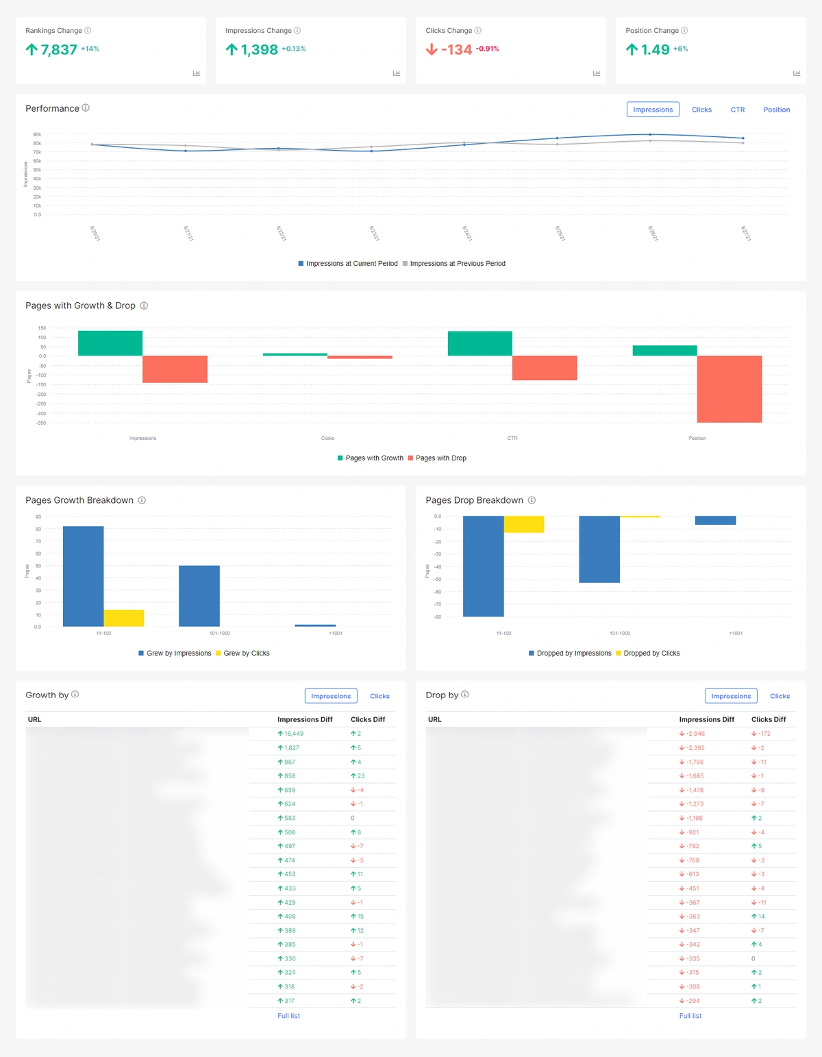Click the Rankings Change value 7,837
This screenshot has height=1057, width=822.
coord(58,49)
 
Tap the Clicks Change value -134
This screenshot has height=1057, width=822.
coord(456,49)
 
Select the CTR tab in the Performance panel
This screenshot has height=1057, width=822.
coord(737,110)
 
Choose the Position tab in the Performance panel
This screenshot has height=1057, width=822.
coord(776,110)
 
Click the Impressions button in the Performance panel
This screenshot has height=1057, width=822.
coord(652,110)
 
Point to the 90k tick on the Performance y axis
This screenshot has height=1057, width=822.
coord(37,135)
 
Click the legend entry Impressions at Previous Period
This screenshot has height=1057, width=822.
coord(457,264)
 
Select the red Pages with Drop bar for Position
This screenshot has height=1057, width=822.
coord(729,388)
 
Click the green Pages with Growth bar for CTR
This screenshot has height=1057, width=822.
coord(480,343)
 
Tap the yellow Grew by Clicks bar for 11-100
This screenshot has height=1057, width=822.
coord(124,618)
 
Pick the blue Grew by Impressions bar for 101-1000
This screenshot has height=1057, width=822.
coord(199,595)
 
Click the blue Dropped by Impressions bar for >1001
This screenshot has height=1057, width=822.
coord(715,521)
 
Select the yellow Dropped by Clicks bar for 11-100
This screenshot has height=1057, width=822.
coord(524,524)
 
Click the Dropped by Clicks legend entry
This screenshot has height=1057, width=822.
coord(651,654)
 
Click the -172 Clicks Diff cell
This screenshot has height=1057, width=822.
coord(764,734)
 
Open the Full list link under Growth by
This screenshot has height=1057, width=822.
coord(288,1016)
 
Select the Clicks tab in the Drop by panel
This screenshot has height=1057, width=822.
coord(780,696)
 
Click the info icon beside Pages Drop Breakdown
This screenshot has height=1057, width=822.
coord(532,500)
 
